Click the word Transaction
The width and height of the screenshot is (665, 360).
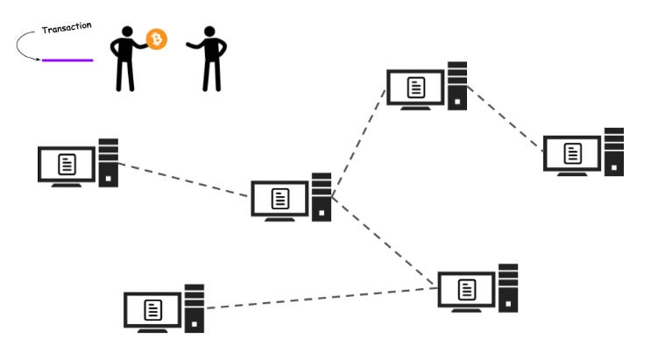tap(67, 29)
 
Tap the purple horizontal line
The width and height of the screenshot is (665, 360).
tap(67, 60)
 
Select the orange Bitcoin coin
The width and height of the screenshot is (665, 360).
tap(156, 39)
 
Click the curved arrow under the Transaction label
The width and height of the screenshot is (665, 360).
tap(25, 46)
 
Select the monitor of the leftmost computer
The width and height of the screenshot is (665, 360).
tap(66, 164)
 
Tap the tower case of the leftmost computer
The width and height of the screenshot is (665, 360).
tap(108, 162)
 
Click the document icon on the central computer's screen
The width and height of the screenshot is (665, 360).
tap(279, 198)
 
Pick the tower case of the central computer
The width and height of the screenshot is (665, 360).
tap(322, 196)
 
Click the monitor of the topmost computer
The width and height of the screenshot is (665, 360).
tap(416, 87)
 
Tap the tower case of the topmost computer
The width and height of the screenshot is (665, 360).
tap(457, 85)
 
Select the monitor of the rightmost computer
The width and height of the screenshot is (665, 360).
tap(572, 153)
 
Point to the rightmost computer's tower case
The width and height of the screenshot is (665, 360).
tap(613, 152)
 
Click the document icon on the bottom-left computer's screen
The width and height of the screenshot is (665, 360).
tap(153, 309)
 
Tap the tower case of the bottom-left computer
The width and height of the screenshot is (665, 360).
tap(195, 307)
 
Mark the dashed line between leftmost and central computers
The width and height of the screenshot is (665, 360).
tap(184, 179)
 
